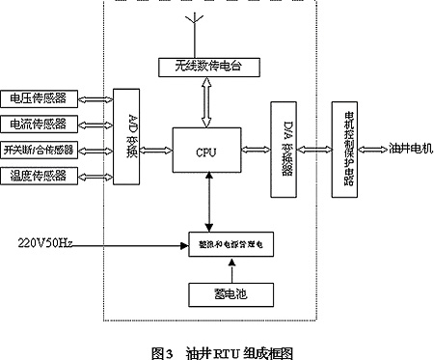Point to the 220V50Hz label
coord(45,240)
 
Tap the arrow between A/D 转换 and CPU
coord(156,150)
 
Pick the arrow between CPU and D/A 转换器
coord(258,150)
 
